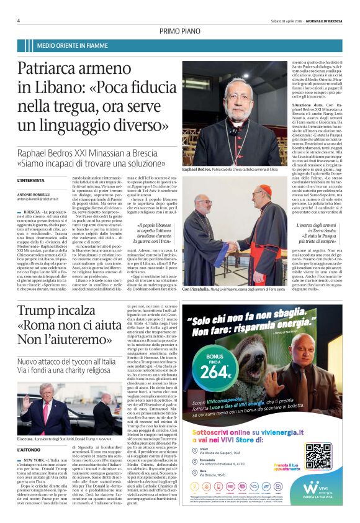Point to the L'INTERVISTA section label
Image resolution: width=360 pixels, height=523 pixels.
32,180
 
